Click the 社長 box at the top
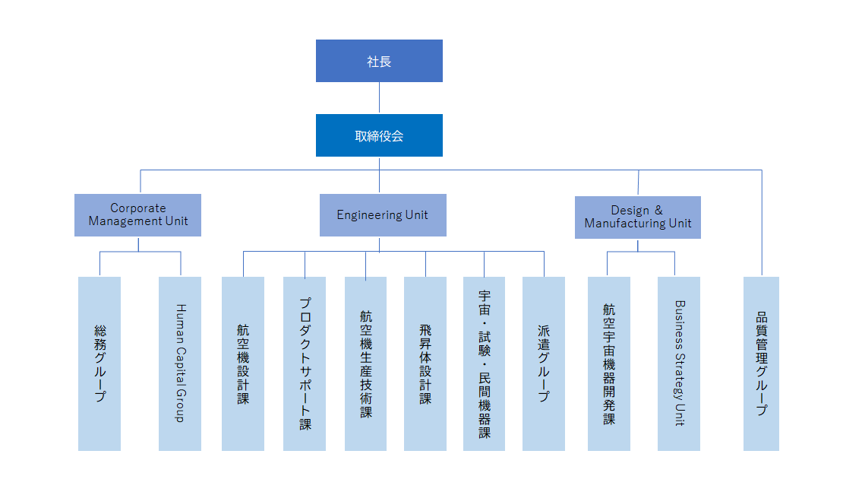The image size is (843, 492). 379,61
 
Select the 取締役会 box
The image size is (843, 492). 379,135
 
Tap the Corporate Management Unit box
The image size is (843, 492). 137,215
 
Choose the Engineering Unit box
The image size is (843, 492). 382,215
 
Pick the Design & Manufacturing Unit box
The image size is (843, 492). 637,217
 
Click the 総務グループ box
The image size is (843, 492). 99,363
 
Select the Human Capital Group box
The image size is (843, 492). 180,363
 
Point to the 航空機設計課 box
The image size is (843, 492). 243,363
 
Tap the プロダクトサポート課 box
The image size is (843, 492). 305,363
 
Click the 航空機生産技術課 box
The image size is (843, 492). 365,363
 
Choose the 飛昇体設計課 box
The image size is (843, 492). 425,363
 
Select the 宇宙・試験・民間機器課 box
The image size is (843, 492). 484,363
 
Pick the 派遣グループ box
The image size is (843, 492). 544,363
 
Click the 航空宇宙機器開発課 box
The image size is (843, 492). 609,363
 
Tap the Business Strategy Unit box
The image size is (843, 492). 679,363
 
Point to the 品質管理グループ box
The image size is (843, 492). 761,363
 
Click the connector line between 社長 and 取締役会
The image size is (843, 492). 379,98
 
